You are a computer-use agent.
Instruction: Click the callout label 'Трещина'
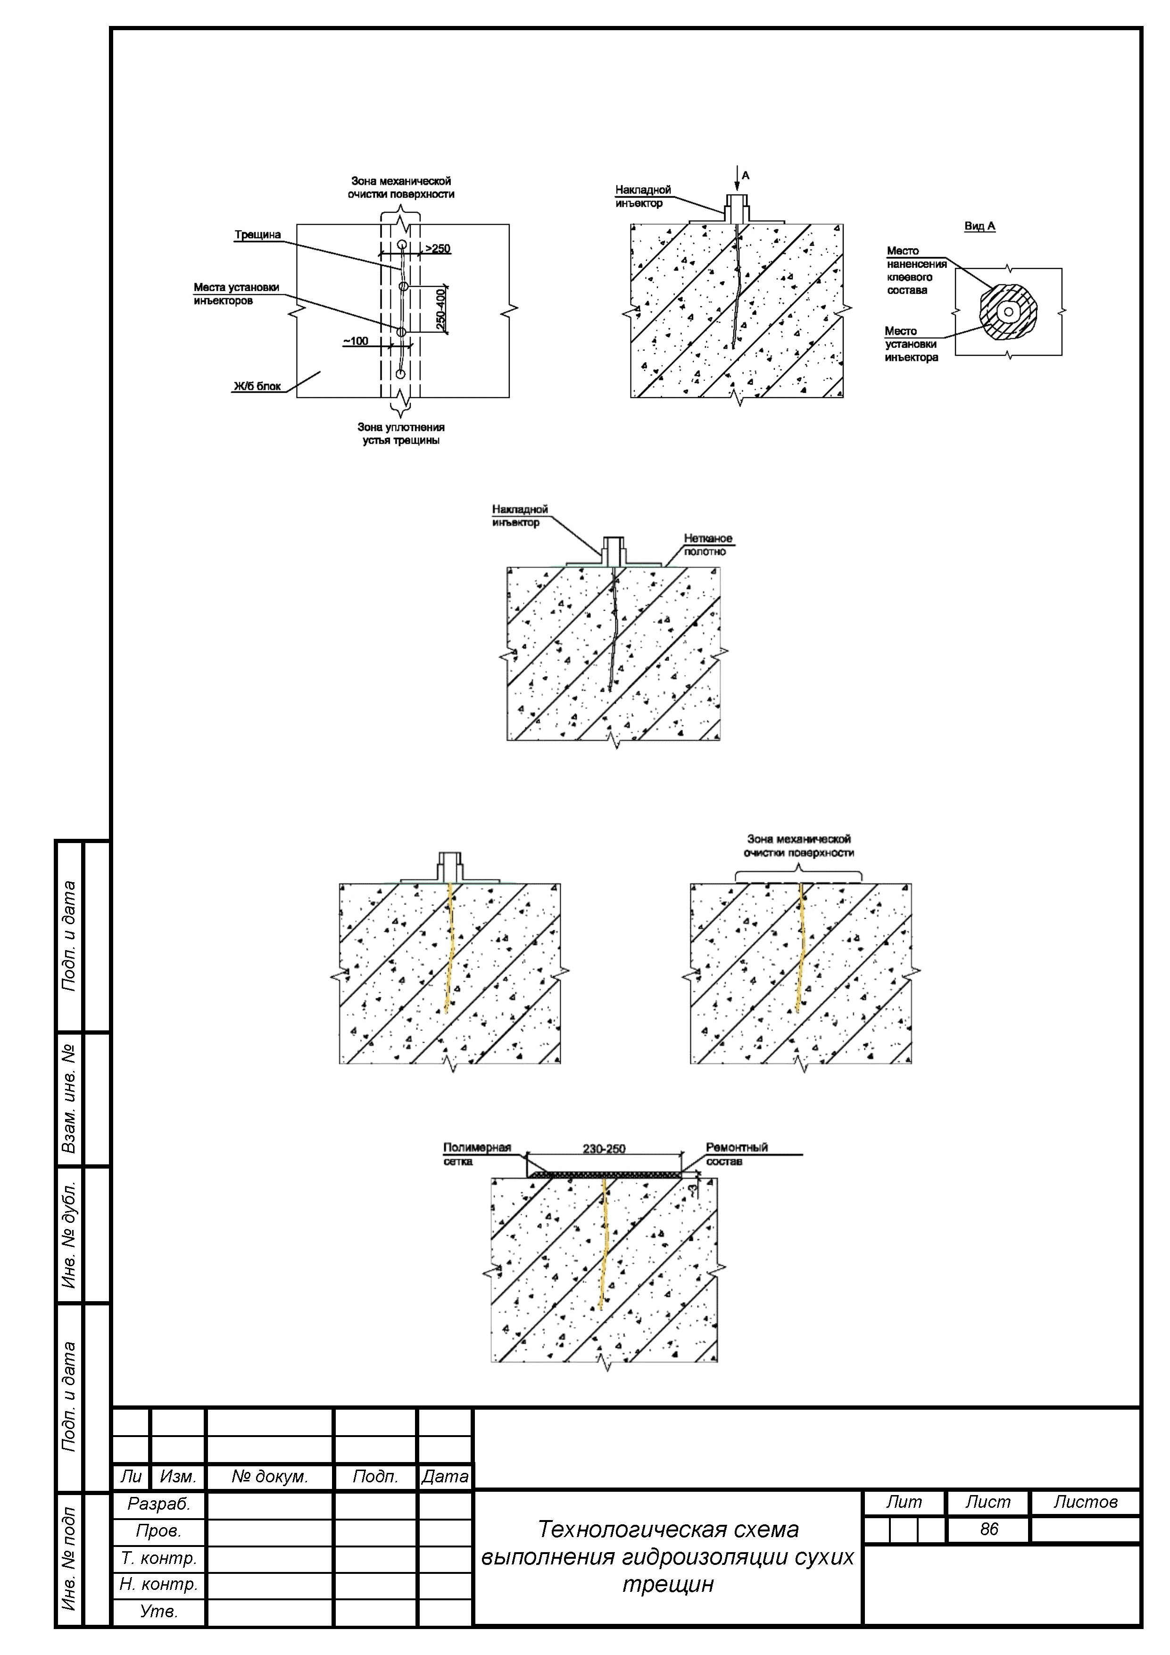tap(257, 235)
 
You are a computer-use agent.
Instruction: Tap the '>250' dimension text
tap(437, 249)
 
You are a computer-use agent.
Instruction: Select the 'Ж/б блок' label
tap(257, 386)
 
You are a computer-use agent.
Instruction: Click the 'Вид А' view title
tap(980, 226)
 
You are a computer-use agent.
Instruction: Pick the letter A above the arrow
tap(746, 175)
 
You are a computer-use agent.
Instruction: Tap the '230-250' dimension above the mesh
tap(604, 1148)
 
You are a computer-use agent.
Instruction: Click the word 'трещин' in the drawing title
tap(668, 1584)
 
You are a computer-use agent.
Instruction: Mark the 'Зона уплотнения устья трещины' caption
tap(400, 434)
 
